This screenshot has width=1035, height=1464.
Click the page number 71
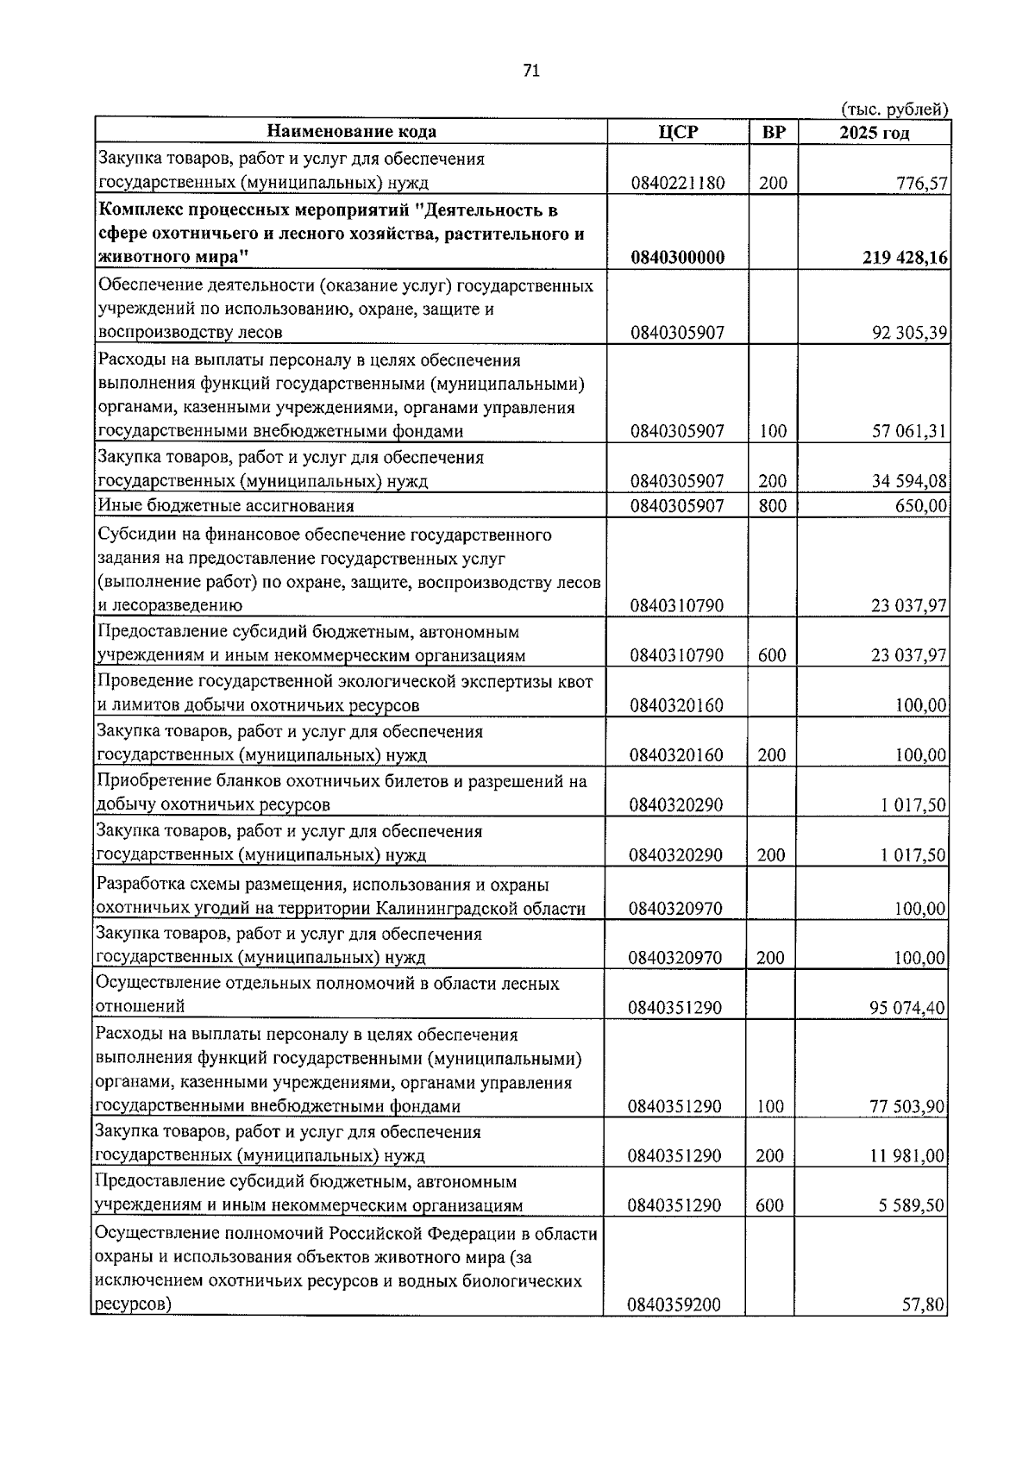531,72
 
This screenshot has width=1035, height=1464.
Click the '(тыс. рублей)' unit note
894,109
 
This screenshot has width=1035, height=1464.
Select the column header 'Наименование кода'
351,132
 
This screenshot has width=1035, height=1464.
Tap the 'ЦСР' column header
677,132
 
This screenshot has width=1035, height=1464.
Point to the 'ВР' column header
774,132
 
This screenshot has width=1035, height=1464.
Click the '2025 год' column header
875,133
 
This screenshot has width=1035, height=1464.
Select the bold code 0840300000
677,258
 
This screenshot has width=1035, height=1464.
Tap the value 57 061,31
909,431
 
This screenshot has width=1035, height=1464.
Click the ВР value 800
772,506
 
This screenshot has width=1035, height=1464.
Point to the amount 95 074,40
907,1008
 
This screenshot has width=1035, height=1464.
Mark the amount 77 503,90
907,1106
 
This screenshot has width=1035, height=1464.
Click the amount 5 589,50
913,1205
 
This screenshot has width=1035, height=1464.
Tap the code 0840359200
674,1305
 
